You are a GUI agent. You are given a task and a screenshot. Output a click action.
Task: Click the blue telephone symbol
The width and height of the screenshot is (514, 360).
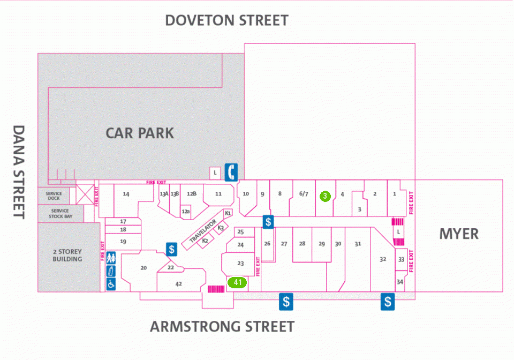click(231, 172)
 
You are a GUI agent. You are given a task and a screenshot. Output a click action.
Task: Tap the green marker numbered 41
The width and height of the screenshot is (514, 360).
click(237, 282)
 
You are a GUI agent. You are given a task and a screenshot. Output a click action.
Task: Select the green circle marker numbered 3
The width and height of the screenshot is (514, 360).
click(325, 196)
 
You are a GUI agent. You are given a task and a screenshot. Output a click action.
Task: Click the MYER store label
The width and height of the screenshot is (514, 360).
click(459, 234)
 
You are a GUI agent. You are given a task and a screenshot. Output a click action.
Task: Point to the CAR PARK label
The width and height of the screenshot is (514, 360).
click(140, 133)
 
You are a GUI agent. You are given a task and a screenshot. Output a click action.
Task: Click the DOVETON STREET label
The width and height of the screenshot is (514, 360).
click(226, 20)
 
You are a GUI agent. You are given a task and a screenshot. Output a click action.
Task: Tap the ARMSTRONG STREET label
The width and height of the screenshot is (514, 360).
click(222, 327)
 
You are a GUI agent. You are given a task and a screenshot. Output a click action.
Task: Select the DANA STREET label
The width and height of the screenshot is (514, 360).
click(19, 172)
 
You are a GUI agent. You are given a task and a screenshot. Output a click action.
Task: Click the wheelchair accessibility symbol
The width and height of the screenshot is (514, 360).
click(111, 284)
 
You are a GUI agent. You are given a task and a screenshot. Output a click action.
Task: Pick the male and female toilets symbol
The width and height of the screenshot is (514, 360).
click(111, 258)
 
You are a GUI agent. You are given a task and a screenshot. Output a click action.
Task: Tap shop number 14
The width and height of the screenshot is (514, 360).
click(126, 194)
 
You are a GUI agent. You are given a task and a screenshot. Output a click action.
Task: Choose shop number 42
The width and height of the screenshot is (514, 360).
click(178, 284)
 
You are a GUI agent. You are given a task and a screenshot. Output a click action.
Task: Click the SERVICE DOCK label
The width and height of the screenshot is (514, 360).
click(54, 196)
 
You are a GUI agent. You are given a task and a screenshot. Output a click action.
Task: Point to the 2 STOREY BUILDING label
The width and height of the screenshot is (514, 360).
click(67, 256)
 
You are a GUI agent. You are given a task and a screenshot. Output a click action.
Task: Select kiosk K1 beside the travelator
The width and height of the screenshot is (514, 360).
click(228, 213)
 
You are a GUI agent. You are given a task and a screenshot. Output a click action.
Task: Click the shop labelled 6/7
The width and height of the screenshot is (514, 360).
click(304, 194)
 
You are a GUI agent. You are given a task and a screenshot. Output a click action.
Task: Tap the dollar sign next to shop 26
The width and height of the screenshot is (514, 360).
click(268, 222)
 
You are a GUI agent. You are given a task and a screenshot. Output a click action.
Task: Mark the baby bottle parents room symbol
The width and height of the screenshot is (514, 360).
click(111, 271)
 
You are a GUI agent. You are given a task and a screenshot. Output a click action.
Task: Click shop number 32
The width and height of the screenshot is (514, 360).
click(383, 259)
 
